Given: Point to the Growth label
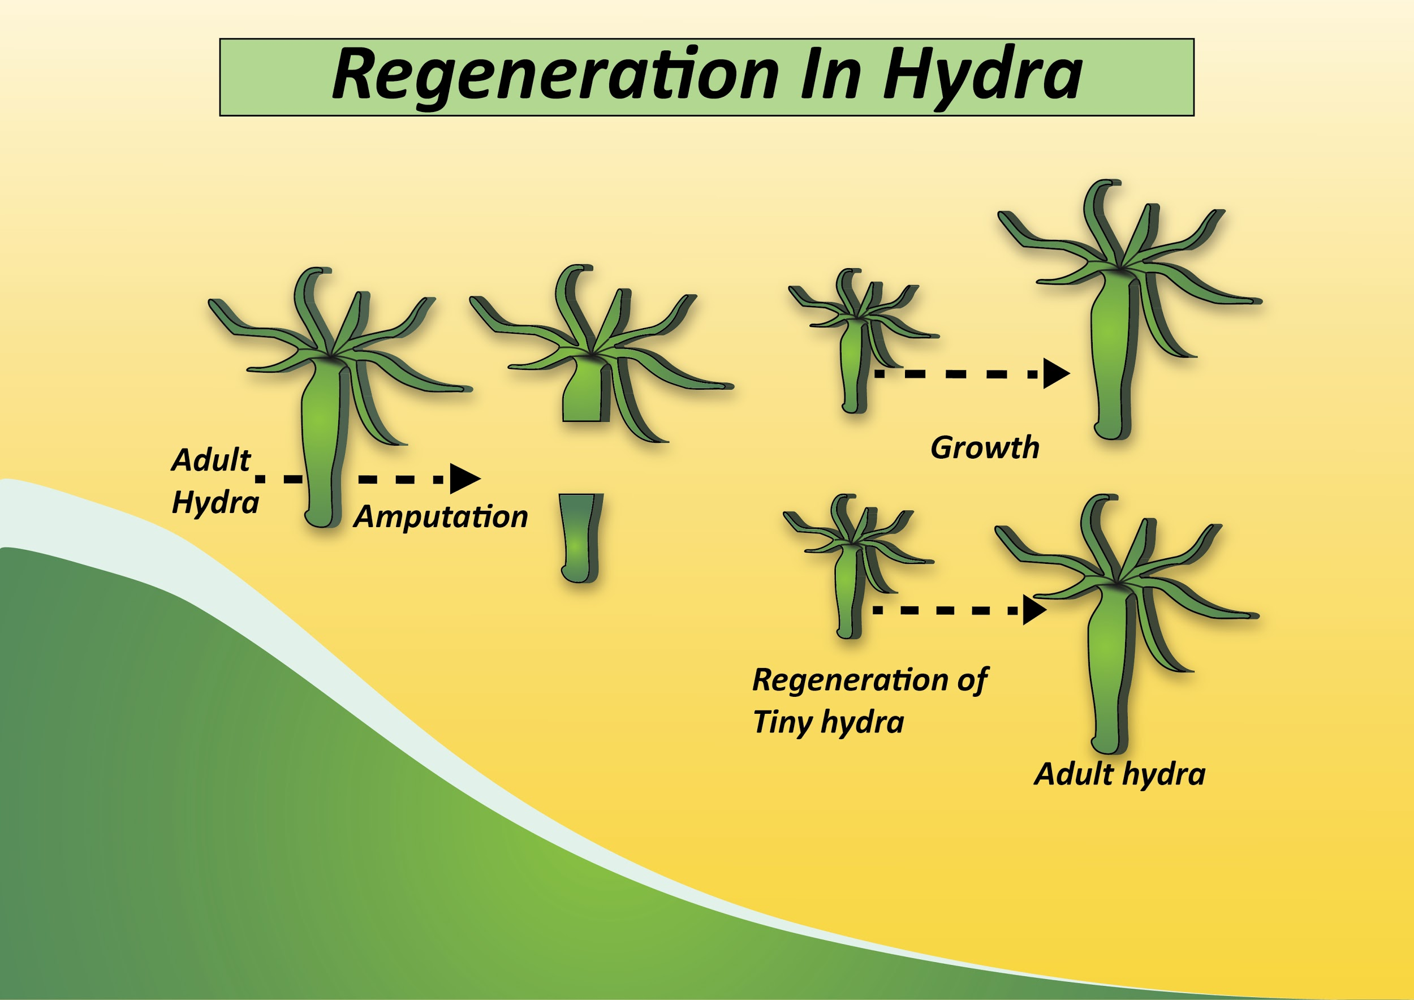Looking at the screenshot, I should click(x=985, y=447).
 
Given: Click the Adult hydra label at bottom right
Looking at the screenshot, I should click(x=1119, y=774).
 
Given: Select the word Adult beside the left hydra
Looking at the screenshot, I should click(x=211, y=460).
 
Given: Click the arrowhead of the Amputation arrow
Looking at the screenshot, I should click(x=464, y=479).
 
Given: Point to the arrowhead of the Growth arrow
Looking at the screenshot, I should click(x=1055, y=373).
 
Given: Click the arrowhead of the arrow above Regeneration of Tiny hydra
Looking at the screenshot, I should click(x=1034, y=610).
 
